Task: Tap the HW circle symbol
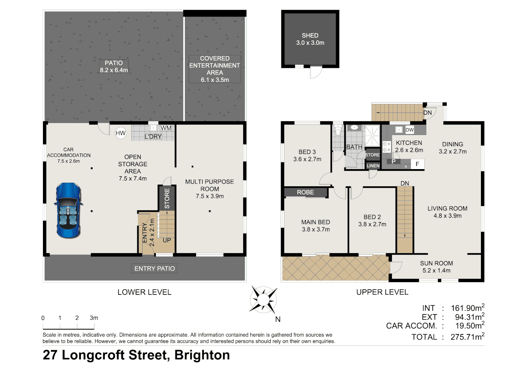(120, 133)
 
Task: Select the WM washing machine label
(166, 128)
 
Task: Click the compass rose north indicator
(263, 299)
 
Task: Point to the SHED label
(310, 35)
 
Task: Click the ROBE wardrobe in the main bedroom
(305, 192)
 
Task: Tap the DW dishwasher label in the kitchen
(409, 130)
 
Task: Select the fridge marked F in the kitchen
(417, 164)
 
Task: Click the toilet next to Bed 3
(338, 131)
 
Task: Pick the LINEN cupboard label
(373, 166)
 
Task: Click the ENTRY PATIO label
(154, 269)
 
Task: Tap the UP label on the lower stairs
(167, 240)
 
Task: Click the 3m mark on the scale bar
(94, 318)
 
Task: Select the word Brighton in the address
(202, 355)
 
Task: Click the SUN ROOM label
(436, 263)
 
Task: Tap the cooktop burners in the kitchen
(387, 147)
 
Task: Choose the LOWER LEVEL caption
(144, 292)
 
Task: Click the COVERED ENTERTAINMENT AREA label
(215, 69)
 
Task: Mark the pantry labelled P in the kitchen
(394, 162)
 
